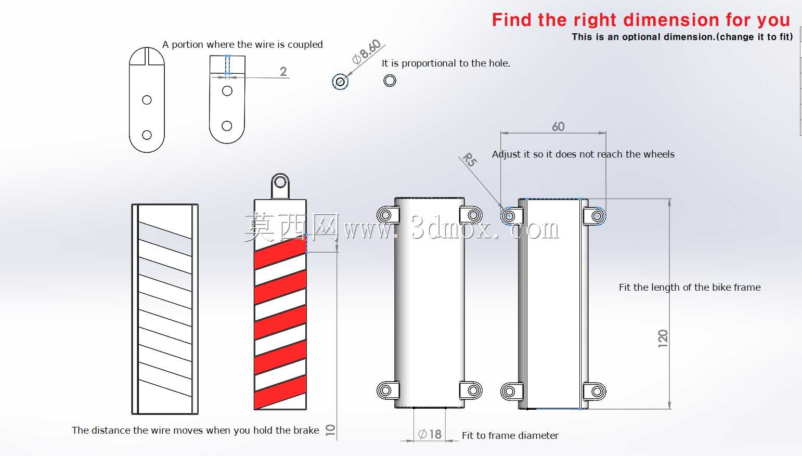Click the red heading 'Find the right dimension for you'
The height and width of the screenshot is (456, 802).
coord(641,20)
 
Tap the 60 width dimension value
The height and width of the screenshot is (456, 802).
coord(558,126)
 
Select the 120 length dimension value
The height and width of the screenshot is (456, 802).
coord(663,338)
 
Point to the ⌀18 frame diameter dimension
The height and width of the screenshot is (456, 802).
coord(430,434)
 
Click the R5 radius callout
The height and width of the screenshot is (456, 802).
coord(470,160)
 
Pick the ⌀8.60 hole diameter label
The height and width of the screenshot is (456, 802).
coord(366,51)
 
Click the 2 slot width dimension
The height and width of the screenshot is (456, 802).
coord(283,72)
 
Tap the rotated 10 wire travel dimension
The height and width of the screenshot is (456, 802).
coord(330,430)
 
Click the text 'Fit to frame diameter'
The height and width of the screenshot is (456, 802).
coord(510,435)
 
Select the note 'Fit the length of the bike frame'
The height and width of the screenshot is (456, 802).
coord(690,288)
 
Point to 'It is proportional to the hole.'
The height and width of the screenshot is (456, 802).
coord(446,63)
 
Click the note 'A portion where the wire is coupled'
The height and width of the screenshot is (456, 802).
coord(242,44)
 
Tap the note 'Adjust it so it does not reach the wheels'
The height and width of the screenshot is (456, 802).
coord(583,154)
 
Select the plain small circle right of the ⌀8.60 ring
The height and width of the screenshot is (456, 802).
coord(390,81)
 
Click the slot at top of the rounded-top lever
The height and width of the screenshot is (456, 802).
coord(147,56)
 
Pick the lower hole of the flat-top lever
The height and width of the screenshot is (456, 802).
coord(227,126)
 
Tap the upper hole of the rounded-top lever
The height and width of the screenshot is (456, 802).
coord(147,100)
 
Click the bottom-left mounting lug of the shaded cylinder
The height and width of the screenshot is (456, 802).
coord(388,390)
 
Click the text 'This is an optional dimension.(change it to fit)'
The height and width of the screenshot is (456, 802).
coord(682,37)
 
